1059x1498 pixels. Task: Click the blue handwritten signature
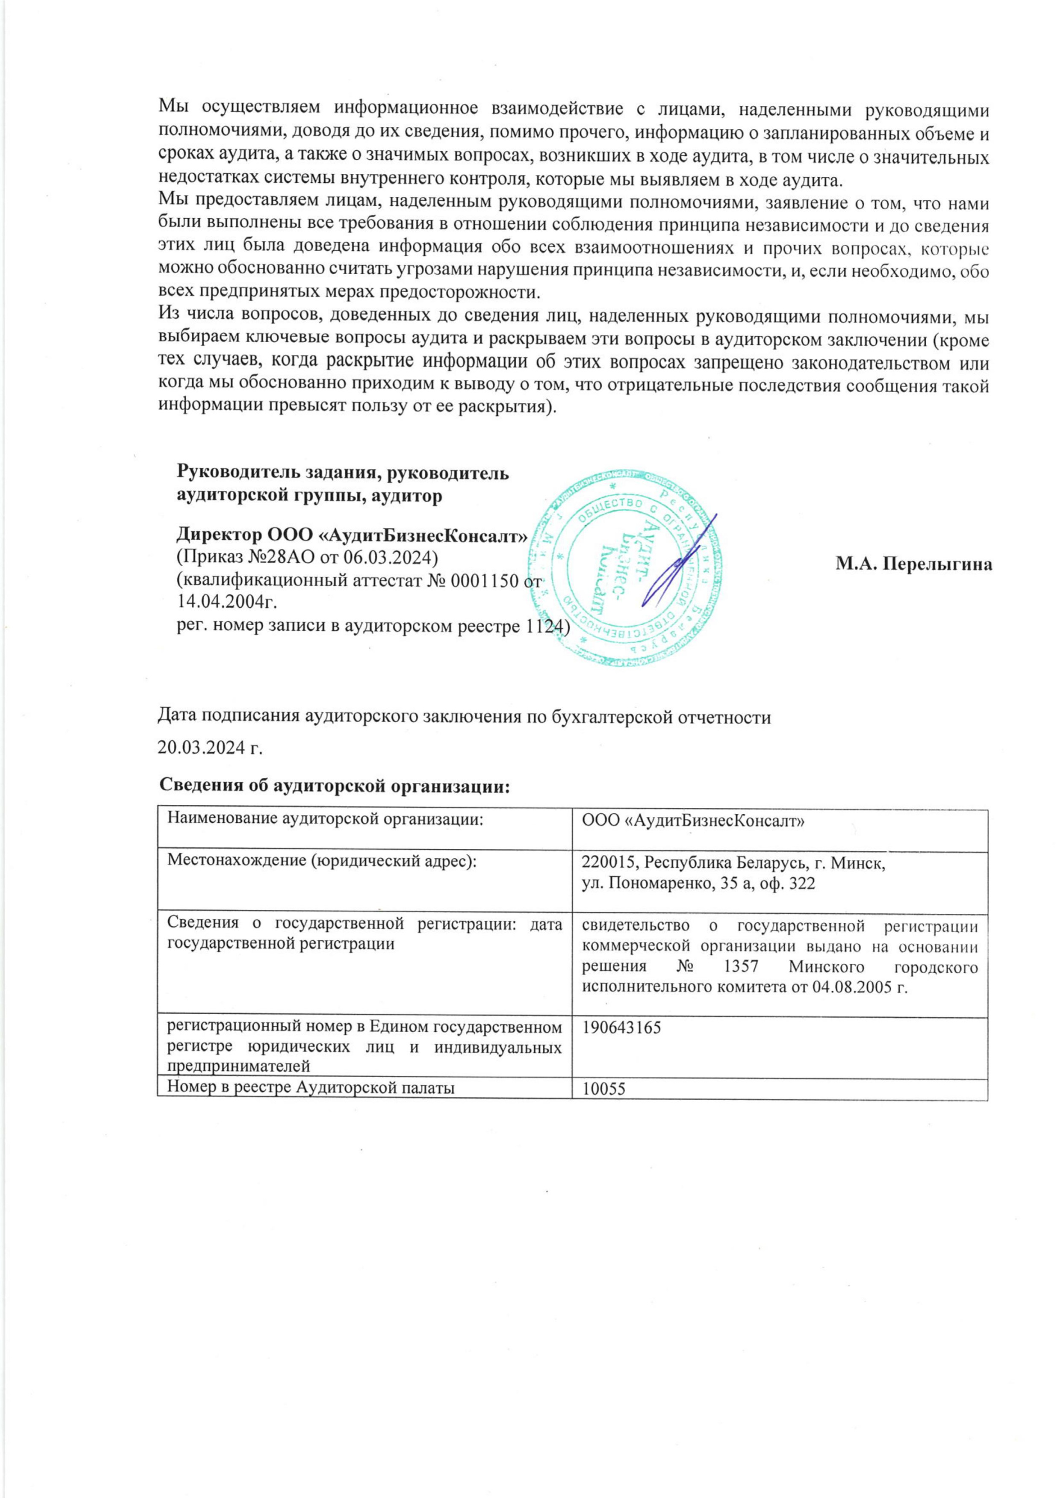679,561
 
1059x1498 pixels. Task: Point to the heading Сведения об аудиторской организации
334,785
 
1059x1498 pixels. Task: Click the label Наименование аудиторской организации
330,820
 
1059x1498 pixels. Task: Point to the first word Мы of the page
174,106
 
